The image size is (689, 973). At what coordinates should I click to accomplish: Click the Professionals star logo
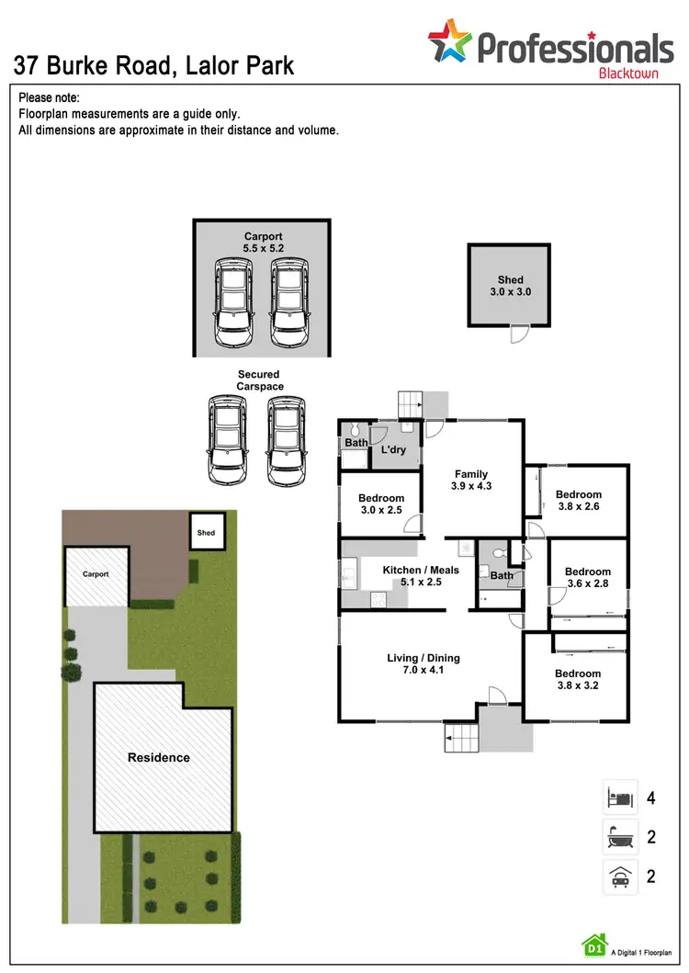(x=450, y=43)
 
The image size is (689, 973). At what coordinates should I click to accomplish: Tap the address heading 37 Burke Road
(x=153, y=65)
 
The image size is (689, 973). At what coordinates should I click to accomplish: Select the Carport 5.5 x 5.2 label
(x=263, y=243)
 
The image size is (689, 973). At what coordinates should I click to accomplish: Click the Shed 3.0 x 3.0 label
(x=510, y=286)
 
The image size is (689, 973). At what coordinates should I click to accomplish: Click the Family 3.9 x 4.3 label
(x=470, y=481)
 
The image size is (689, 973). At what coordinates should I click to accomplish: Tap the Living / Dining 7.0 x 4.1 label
(x=423, y=663)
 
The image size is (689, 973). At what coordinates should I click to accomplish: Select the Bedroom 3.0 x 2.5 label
(x=380, y=504)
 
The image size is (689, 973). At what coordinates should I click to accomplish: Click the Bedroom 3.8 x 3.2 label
(x=578, y=680)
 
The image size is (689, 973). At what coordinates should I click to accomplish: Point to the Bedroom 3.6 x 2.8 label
(x=587, y=578)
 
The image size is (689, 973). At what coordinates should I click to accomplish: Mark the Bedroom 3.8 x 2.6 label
(x=578, y=501)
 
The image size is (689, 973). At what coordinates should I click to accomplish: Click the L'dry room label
(x=393, y=450)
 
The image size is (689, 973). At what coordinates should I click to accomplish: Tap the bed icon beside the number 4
(x=619, y=797)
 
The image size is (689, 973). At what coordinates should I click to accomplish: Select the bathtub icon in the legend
(x=619, y=837)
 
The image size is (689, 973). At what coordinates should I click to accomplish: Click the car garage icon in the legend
(x=619, y=877)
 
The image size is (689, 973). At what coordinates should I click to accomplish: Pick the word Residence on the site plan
(x=158, y=757)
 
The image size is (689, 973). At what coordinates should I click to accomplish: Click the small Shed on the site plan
(x=206, y=533)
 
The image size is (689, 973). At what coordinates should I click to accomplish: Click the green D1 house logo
(x=594, y=945)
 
